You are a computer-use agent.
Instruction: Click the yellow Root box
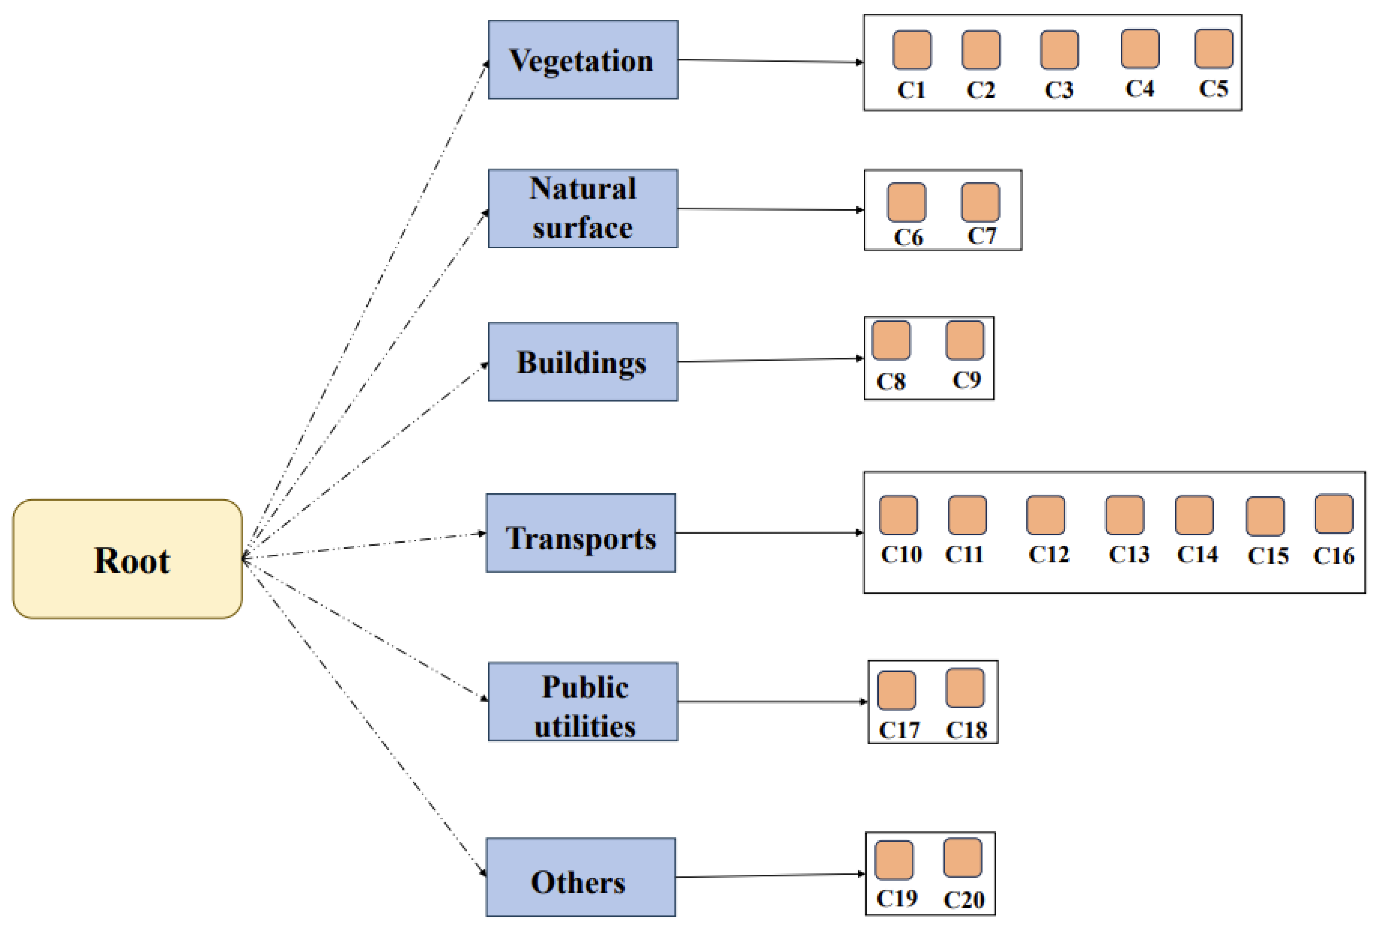point(127,559)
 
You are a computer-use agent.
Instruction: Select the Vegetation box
point(583,60)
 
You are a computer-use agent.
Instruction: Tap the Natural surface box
point(583,208)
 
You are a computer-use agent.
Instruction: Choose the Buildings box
point(583,362)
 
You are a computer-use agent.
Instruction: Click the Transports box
point(580,533)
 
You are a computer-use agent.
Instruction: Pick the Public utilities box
point(583,702)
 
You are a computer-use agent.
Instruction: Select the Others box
point(580,877)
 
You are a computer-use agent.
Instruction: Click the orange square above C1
point(911,50)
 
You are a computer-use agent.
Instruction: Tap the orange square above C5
point(1214,49)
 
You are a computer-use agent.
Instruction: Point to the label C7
point(981,236)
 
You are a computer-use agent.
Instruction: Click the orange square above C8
point(891,340)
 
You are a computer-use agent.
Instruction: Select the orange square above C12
point(1045,515)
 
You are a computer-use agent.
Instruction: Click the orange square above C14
point(1194,515)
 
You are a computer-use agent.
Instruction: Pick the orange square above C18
point(965,688)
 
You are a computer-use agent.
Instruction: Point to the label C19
point(897,899)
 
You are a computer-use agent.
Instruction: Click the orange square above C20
point(962,858)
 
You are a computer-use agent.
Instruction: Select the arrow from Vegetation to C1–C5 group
point(770,61)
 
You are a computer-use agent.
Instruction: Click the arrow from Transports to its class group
point(769,533)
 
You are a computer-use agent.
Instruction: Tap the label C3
point(1058,90)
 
